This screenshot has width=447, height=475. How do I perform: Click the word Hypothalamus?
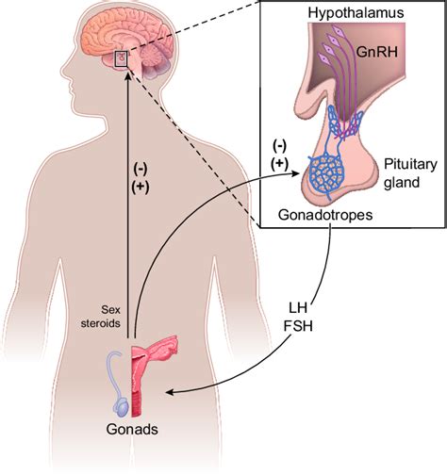coord(348,12)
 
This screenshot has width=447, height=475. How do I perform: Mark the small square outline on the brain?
coord(121,61)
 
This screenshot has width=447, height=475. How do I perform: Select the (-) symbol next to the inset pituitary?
coord(279,144)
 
